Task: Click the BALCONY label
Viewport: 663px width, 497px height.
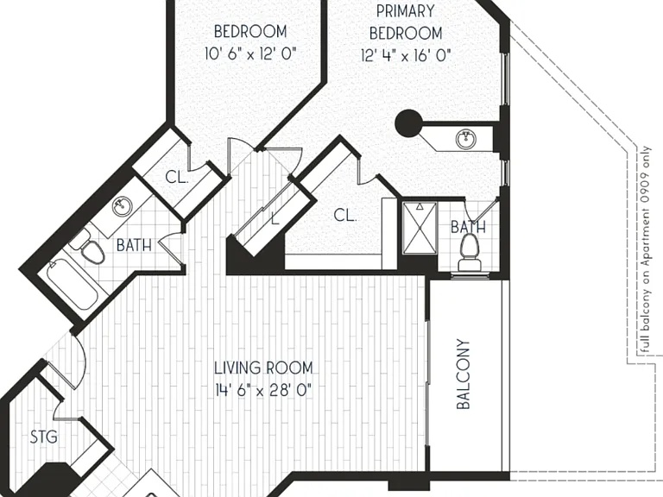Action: click(464, 374)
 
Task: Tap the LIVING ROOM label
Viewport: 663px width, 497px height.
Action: click(263, 368)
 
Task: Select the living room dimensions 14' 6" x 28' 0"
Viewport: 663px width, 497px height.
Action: click(263, 390)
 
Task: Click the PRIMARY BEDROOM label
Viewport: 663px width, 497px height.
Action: click(406, 22)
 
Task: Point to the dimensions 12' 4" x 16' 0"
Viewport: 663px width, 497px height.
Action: click(406, 55)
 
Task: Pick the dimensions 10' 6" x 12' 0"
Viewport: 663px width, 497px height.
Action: click(250, 53)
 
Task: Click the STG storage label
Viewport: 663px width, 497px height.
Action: click(44, 437)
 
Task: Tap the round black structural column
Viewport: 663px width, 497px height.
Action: click(408, 123)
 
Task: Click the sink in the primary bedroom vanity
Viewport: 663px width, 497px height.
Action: click(466, 138)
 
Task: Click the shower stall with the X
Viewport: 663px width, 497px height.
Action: click(420, 228)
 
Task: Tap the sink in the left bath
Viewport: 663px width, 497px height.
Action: click(123, 206)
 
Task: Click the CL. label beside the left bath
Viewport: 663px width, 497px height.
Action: click(177, 177)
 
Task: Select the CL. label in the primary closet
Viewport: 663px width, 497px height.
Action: click(345, 215)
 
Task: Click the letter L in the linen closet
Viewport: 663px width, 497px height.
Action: click(275, 218)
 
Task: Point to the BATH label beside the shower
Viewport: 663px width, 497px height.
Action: click(468, 227)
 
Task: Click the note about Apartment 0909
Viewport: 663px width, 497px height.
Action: click(646, 249)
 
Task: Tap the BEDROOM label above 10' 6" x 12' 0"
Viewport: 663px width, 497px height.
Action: click(250, 31)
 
